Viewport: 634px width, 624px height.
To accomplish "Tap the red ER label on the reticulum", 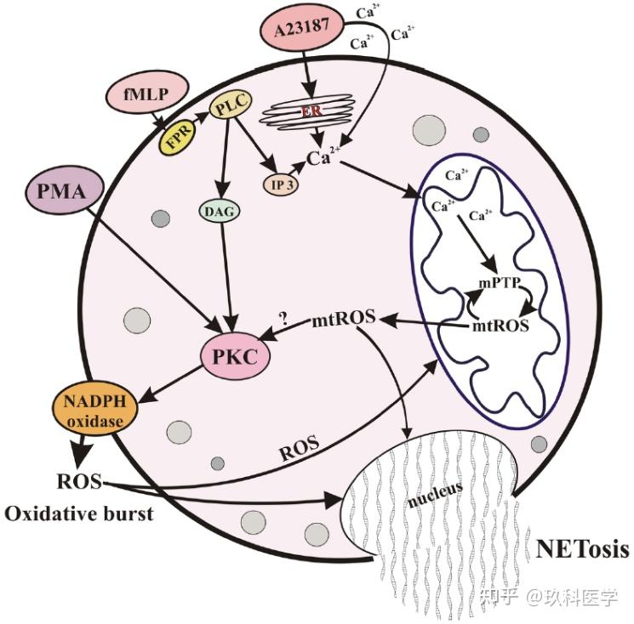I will point(315,111).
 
